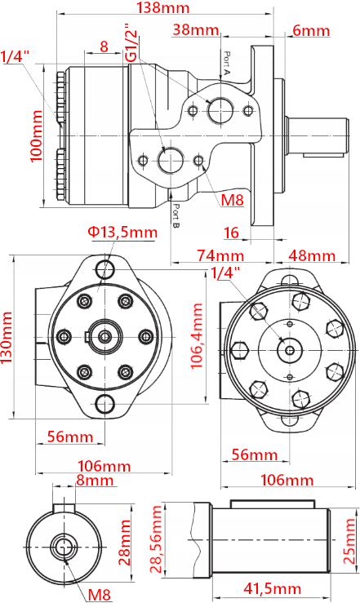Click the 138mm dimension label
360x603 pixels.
[x=163, y=7]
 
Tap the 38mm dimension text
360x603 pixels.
[x=196, y=29]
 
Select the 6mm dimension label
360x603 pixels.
[x=311, y=30]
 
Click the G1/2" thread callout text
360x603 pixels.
[x=131, y=42]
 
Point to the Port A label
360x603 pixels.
[x=227, y=63]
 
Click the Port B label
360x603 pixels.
[x=176, y=215]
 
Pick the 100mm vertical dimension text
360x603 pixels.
[x=36, y=135]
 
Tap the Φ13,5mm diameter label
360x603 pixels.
[x=122, y=232]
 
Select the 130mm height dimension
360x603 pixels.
[x=7, y=338]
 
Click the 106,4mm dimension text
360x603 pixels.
[x=197, y=335]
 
